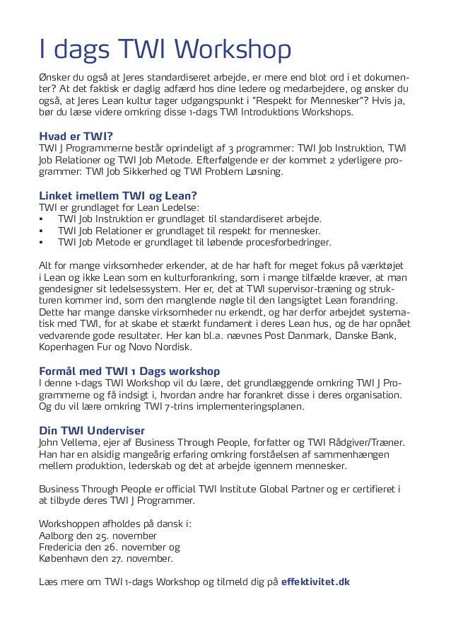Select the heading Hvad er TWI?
pos(76,137)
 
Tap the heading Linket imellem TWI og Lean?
pos(117,195)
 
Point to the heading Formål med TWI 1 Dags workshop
pos(129,371)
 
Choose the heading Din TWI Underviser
pos(92,430)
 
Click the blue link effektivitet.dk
pos(315,582)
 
